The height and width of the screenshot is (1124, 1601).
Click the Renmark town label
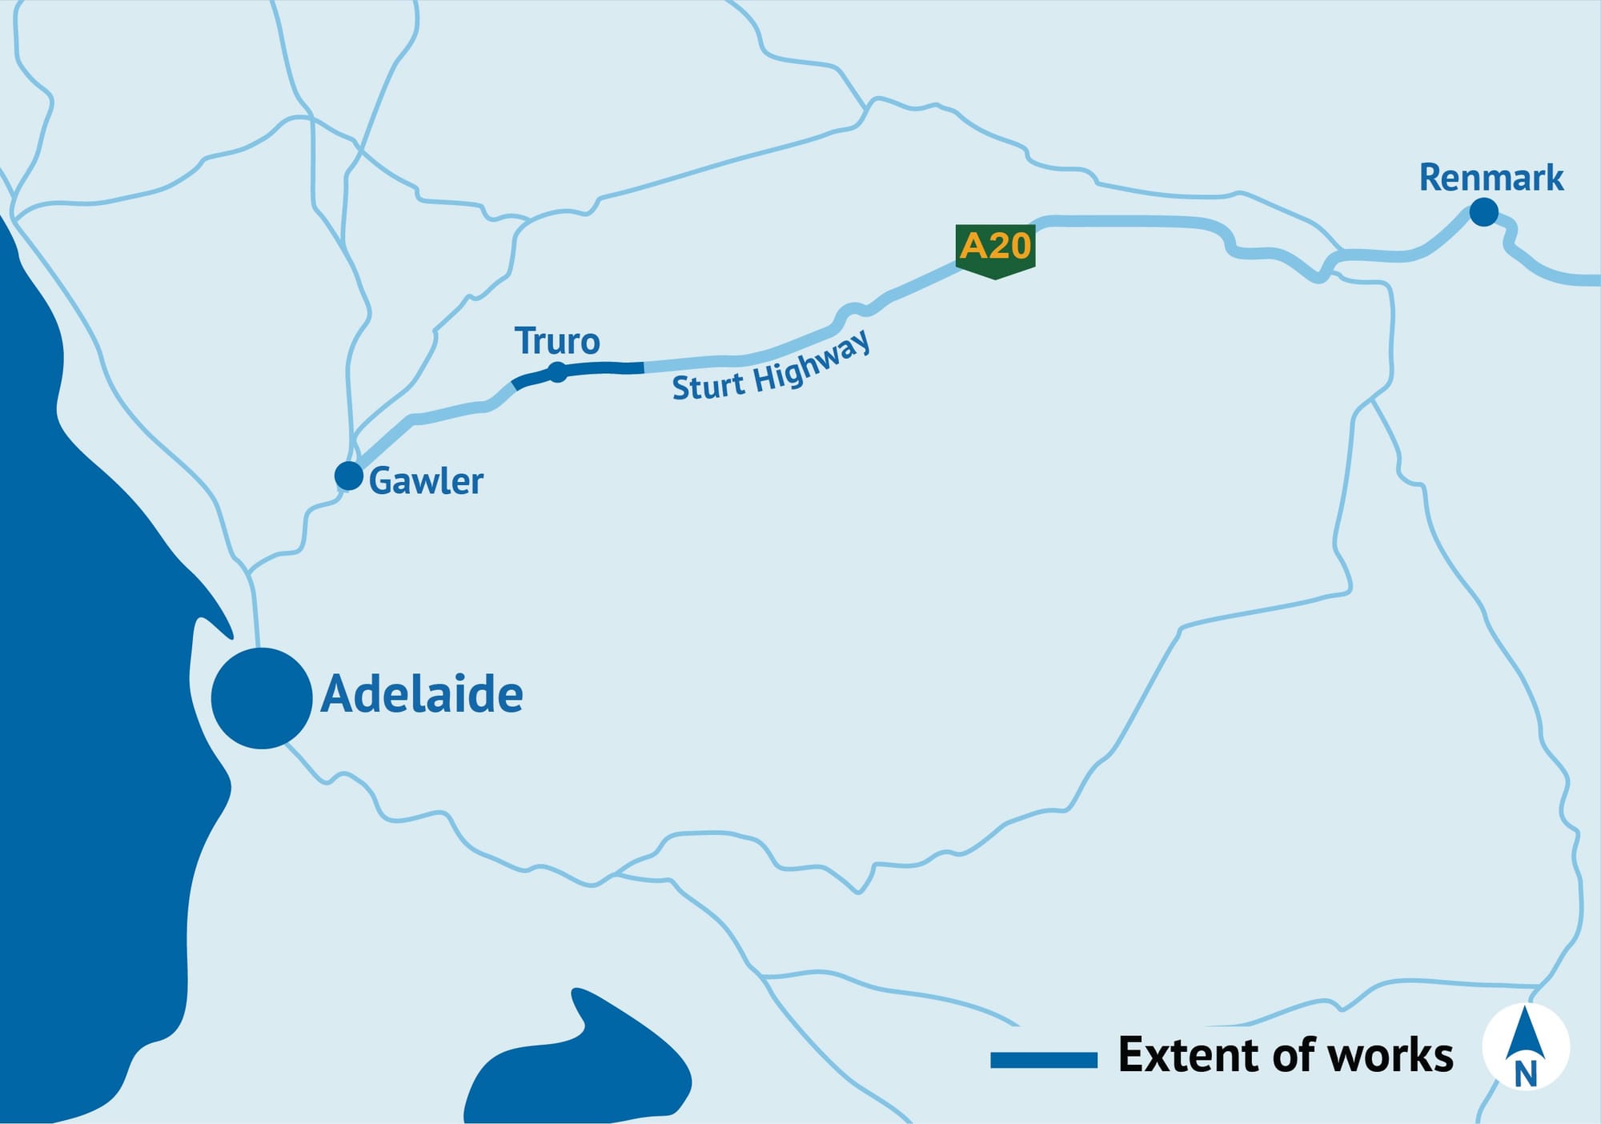point(1491,178)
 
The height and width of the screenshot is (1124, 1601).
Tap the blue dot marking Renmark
point(1483,213)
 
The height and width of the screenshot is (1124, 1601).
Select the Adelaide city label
point(422,694)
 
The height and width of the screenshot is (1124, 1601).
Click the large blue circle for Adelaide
point(262,698)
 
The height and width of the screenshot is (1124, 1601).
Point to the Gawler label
point(426,481)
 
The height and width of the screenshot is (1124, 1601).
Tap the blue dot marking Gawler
point(349,476)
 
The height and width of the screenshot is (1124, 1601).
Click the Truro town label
point(557,342)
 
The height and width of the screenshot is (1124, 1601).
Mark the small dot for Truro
point(557,372)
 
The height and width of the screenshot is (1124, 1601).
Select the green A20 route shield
point(995,250)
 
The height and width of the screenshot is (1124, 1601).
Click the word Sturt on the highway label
point(708,387)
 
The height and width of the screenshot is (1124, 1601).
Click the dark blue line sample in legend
point(1043,1060)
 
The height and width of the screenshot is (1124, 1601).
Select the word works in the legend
point(1390,1054)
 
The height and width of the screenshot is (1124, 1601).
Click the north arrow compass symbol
point(1525,1046)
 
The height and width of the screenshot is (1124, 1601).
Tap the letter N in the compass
point(1526,1074)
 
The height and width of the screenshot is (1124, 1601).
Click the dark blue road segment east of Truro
point(608,368)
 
